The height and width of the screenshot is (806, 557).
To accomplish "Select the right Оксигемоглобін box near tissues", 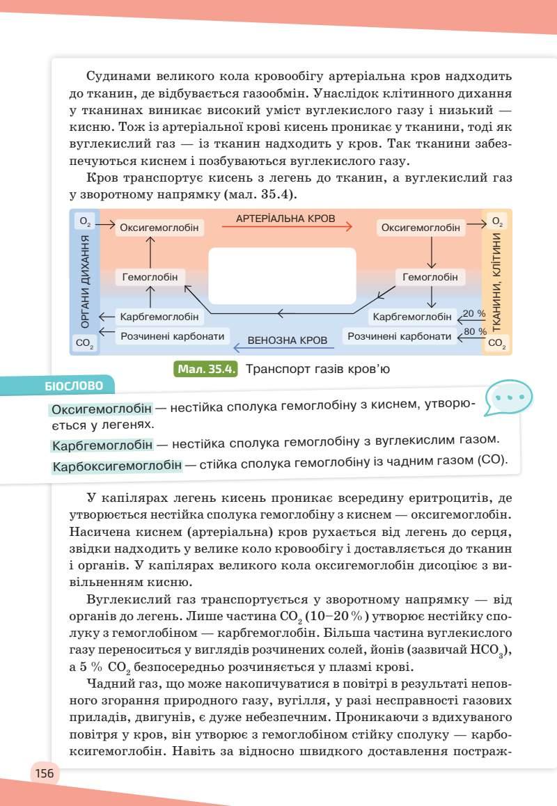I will pyautogui.click(x=421, y=228).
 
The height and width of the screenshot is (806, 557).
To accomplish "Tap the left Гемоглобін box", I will pyautogui.click(x=150, y=277).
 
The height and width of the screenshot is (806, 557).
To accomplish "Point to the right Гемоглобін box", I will pyautogui.click(x=430, y=277).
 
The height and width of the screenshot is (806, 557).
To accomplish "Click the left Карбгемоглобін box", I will pyautogui.click(x=159, y=317).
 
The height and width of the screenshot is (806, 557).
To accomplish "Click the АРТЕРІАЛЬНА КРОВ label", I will pyautogui.click(x=285, y=219).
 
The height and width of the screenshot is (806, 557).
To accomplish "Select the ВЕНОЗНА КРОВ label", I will pyautogui.click(x=288, y=341).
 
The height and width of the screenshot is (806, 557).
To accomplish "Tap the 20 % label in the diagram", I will pyautogui.click(x=474, y=313).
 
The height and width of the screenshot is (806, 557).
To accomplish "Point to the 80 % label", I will pyautogui.click(x=475, y=331).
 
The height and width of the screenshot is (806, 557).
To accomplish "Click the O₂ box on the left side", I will pyautogui.click(x=85, y=222).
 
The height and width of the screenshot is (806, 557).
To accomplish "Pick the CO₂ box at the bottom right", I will pyautogui.click(x=496, y=343).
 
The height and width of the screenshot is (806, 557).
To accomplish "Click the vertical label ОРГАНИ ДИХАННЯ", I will pyautogui.click(x=85, y=281).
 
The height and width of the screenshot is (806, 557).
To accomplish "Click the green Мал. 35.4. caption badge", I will pyautogui.click(x=205, y=369).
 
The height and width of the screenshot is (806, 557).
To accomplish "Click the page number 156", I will pyautogui.click(x=45, y=773).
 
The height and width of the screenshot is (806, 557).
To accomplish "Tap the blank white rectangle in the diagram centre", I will pyautogui.click(x=283, y=276).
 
